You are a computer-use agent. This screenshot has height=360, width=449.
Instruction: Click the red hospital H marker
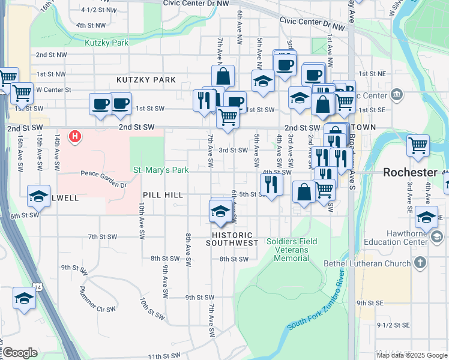click(x=75, y=137)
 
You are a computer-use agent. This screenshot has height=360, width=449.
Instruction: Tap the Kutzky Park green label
click(x=107, y=43)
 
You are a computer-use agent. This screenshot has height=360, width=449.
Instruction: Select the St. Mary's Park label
click(x=160, y=170)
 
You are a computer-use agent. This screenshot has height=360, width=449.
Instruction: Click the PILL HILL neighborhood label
click(x=163, y=196)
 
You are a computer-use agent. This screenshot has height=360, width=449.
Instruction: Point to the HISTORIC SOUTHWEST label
click(x=232, y=239)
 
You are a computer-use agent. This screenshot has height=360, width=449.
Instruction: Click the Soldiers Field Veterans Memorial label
click(x=292, y=250)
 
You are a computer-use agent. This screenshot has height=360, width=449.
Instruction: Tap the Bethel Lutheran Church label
click(x=366, y=263)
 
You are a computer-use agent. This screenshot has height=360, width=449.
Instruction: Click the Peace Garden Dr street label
click(x=104, y=179)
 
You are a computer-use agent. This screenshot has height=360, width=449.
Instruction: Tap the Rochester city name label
click(x=410, y=172)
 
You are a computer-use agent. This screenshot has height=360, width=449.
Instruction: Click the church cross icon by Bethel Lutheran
click(x=420, y=263)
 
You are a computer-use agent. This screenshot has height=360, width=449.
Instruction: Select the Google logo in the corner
click(x=20, y=353)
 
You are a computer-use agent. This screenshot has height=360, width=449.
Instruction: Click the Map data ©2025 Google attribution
click(x=412, y=355)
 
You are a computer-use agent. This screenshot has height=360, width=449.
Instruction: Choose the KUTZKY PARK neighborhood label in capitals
click(x=146, y=80)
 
